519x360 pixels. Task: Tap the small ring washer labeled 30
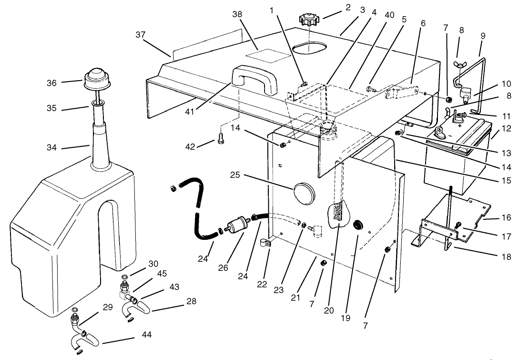[125, 278]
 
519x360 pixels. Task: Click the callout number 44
[146, 336]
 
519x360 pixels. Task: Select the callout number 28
[191, 301]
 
